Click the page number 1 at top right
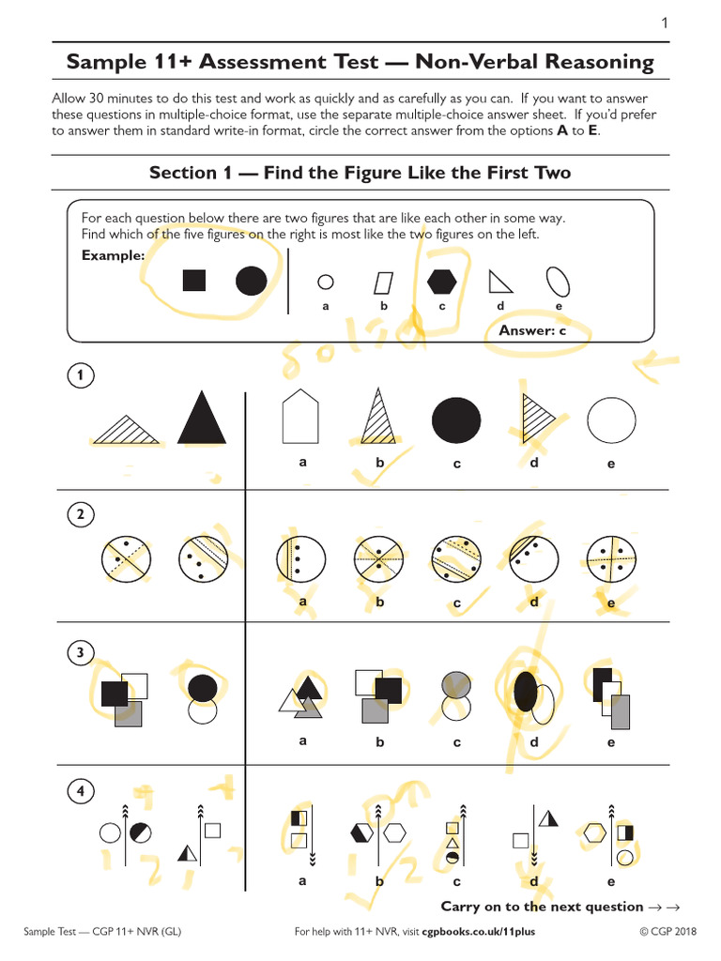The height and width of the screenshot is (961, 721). (x=665, y=23)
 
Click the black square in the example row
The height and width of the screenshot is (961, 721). (x=194, y=280)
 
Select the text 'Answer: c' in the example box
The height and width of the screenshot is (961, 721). (x=532, y=330)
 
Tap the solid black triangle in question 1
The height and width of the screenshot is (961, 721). (x=201, y=419)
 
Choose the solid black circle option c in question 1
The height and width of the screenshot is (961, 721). (x=455, y=419)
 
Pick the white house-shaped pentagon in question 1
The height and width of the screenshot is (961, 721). (x=300, y=416)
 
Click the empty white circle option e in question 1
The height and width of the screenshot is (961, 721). (x=611, y=419)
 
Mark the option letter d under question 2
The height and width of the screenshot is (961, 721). (x=533, y=602)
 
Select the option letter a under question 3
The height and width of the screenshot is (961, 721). (x=302, y=740)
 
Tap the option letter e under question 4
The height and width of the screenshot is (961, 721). (x=611, y=881)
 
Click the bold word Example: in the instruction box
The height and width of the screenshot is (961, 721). (x=113, y=255)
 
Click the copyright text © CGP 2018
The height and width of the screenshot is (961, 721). (x=668, y=931)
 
